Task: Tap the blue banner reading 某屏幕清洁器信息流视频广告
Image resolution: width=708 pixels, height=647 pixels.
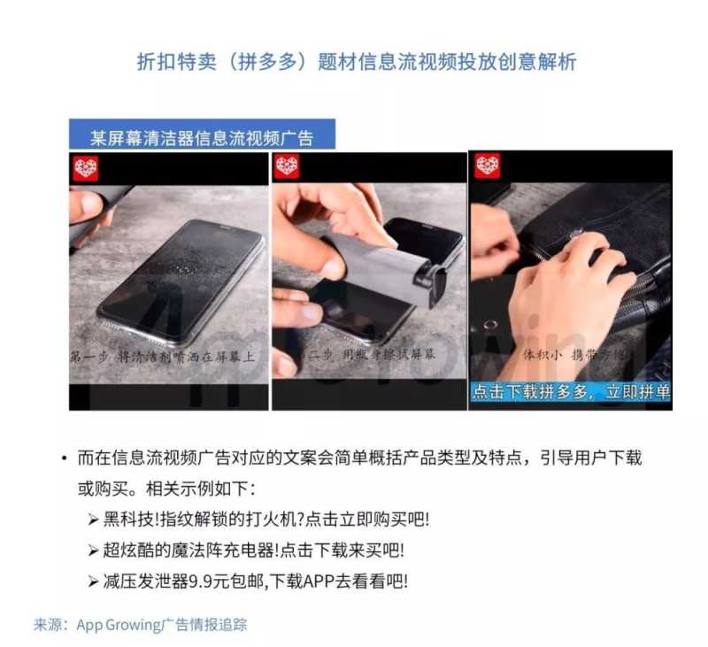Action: [202, 137]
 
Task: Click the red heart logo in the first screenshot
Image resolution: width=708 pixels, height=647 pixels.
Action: [86, 167]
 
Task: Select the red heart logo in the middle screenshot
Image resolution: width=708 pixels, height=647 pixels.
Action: [287, 166]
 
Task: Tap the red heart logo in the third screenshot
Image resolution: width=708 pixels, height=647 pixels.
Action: [488, 166]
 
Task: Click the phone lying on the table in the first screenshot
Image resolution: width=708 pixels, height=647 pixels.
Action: [181, 274]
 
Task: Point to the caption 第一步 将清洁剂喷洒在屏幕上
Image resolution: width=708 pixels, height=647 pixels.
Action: [164, 355]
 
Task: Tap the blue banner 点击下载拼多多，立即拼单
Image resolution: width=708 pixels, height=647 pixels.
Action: [570, 392]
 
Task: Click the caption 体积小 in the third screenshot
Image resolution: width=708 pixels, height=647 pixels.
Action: [543, 355]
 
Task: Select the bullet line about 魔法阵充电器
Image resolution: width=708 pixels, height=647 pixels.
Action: [253, 550]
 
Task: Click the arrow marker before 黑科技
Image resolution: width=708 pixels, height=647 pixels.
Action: [93, 520]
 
